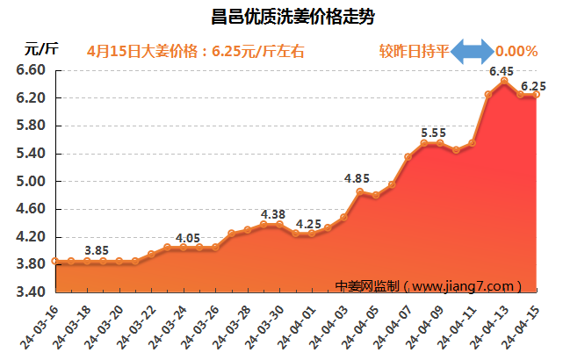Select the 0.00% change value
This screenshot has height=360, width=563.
pyautogui.click(x=516, y=51)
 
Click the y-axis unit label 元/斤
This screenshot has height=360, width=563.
pyautogui.click(x=41, y=49)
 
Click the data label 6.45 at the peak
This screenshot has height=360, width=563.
pyautogui.click(x=502, y=70)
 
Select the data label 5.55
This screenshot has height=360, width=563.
pyautogui.click(x=433, y=133)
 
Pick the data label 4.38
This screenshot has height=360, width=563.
pyautogui.click(x=273, y=213)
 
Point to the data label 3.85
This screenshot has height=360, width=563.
pyautogui.click(x=97, y=250)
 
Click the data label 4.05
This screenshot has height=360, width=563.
pyautogui.click(x=188, y=237)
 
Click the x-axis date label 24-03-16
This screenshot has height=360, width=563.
pyautogui.click(x=40, y=324)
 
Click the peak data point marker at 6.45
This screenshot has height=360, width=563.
pyautogui.click(x=503, y=82)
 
